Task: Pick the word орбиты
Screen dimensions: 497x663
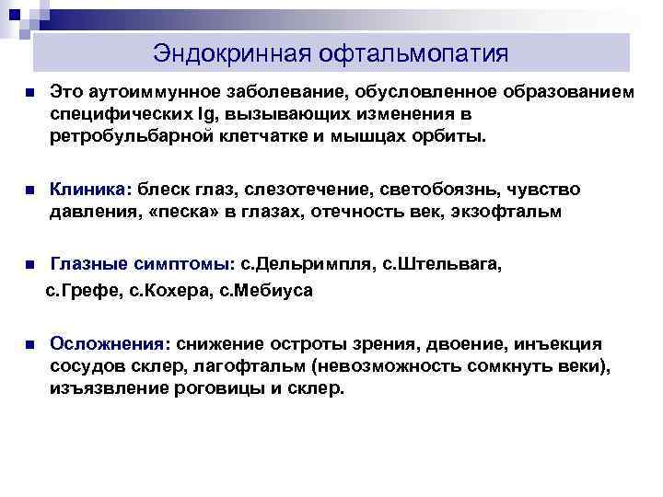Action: coord(453,136)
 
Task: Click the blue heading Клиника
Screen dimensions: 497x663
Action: coord(90,189)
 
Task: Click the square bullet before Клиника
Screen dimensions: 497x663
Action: coord(30,191)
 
